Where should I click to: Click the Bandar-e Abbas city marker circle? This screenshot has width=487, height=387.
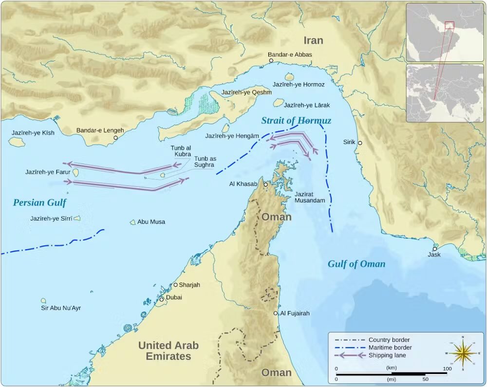[271, 61]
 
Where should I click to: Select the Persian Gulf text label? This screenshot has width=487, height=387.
[39, 203]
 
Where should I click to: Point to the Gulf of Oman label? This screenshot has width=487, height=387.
[356, 264]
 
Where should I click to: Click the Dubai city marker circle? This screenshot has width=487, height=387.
[162, 299]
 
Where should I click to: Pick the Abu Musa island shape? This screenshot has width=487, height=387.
[132, 222]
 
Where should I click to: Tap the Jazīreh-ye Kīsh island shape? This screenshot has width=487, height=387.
[17, 142]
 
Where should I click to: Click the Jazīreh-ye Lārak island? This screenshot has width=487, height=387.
[279, 103]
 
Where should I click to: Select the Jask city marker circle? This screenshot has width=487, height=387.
[434, 249]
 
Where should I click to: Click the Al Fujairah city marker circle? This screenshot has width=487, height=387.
[276, 313]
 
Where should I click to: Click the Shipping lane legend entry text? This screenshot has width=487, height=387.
[387, 355]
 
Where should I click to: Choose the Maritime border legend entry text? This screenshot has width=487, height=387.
[390, 348]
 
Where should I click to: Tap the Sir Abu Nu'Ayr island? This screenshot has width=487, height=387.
[43, 301]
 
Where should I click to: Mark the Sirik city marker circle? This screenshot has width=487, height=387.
[360, 143]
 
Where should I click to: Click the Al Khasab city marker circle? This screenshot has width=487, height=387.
[265, 184]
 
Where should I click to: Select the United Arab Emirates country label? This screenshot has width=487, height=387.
[169, 350]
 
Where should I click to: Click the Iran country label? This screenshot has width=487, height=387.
[313, 40]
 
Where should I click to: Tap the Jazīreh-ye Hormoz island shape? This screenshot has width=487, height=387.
[289, 76]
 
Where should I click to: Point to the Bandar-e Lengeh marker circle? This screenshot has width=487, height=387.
[115, 138]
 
